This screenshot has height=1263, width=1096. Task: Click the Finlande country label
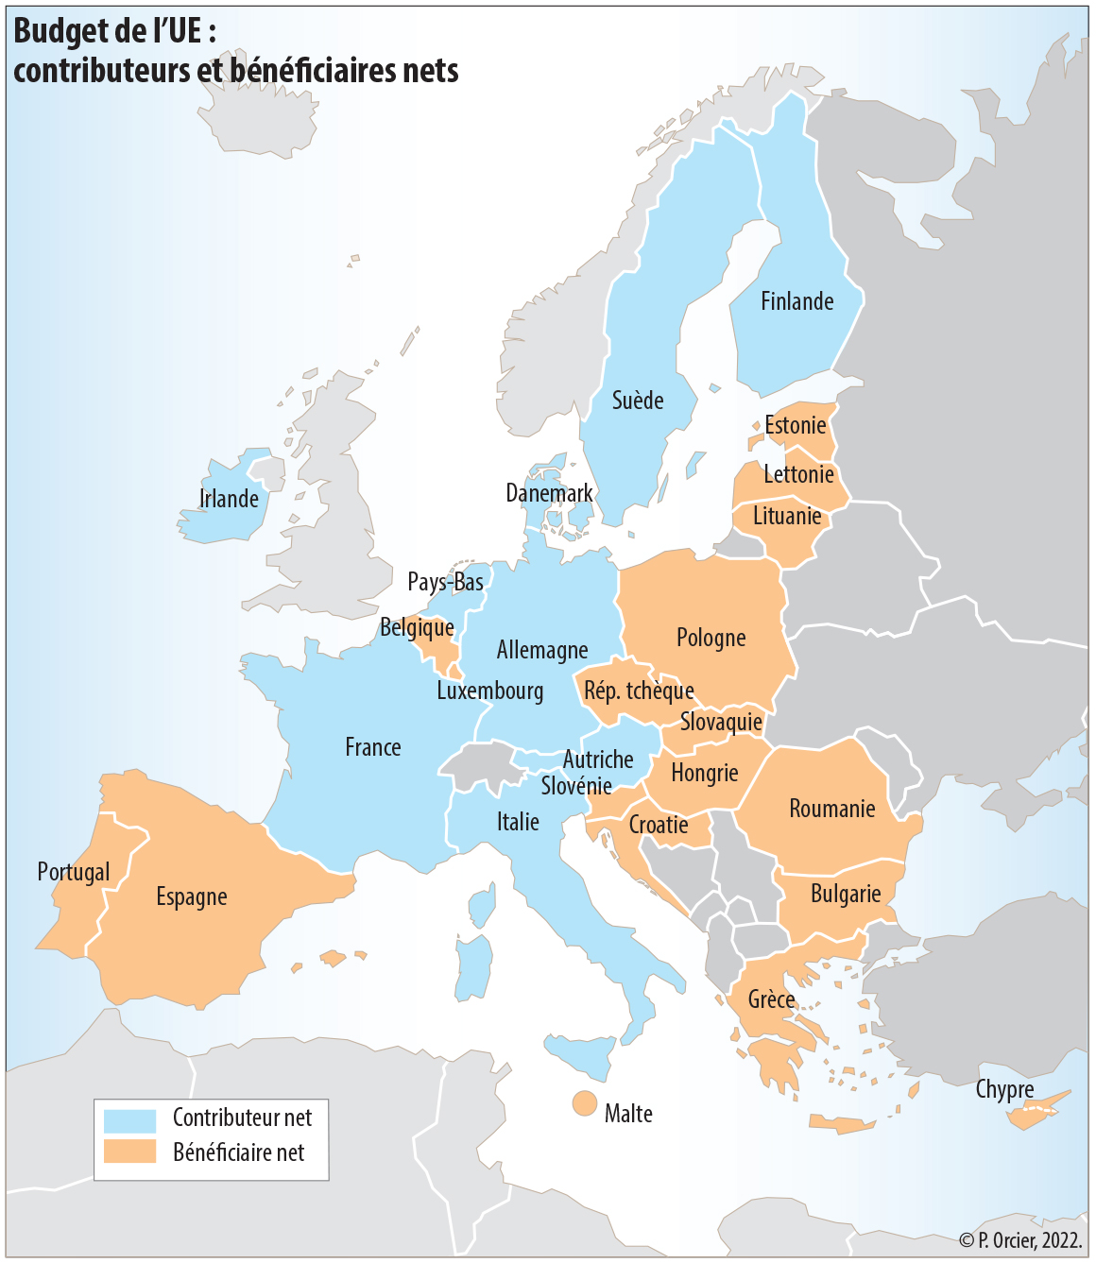(x=796, y=301)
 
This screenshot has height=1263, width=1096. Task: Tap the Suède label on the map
(x=638, y=401)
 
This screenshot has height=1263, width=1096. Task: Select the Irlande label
(x=229, y=499)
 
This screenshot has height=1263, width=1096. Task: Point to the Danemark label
(x=549, y=493)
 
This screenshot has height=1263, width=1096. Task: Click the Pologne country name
(x=711, y=639)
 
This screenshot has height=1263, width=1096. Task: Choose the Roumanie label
(x=831, y=809)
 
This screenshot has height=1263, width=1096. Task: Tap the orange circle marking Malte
(x=584, y=1103)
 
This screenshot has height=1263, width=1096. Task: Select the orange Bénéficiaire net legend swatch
(x=129, y=1152)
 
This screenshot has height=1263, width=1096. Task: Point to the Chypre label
(x=1004, y=1089)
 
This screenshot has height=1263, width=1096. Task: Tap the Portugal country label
(x=74, y=872)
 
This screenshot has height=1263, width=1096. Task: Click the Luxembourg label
(x=489, y=691)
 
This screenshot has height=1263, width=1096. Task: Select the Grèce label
(x=771, y=999)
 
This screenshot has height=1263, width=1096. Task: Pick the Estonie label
(x=795, y=426)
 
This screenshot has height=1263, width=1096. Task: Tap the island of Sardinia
(x=473, y=968)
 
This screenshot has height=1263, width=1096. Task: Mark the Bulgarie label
(x=846, y=894)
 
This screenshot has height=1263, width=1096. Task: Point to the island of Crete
(x=841, y=1124)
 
